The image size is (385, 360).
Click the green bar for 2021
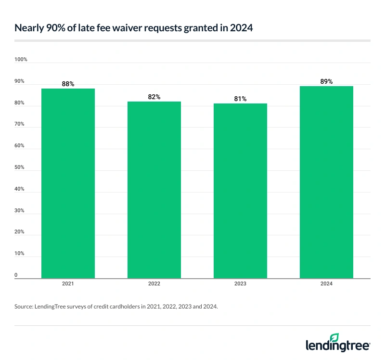click(x=68, y=183)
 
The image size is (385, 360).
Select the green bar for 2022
click(x=154, y=190)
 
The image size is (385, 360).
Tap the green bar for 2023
click(x=240, y=191)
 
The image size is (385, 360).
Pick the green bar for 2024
click(x=326, y=182)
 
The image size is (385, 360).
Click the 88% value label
click(x=68, y=84)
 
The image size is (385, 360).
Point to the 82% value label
click(x=154, y=97)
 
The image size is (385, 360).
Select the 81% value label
click(x=240, y=99)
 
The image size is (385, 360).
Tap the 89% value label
click(x=326, y=81)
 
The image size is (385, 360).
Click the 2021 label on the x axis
click(x=68, y=284)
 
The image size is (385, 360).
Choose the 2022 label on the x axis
click(x=154, y=284)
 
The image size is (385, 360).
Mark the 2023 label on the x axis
click(x=240, y=284)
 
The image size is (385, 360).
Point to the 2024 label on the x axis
click(x=326, y=284)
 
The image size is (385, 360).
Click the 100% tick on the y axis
click(x=21, y=60)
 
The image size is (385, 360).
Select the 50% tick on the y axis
click(x=20, y=167)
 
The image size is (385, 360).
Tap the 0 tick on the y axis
click(x=16, y=275)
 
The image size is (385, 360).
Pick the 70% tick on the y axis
click(x=20, y=124)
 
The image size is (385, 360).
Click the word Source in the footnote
click(x=23, y=306)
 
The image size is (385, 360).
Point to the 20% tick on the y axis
click(x=20, y=232)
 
